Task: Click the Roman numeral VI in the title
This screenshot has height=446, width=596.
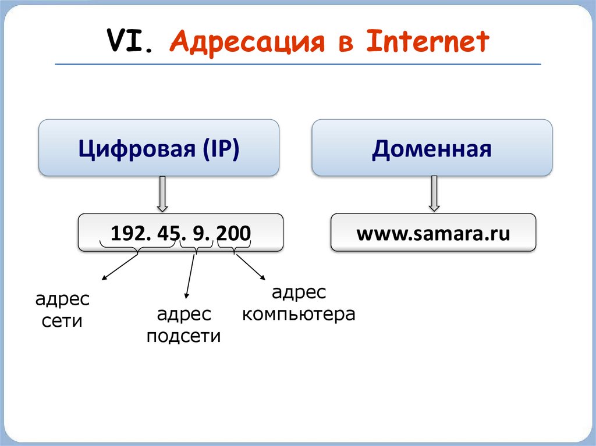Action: [x=130, y=42]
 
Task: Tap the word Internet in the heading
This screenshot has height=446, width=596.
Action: [x=428, y=42]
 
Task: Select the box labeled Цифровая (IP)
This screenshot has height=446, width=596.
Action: [x=159, y=148]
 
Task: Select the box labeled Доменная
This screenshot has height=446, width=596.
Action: [x=432, y=148]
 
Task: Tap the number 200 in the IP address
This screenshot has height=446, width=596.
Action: [x=233, y=233]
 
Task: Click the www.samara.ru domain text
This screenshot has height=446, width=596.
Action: [x=433, y=233]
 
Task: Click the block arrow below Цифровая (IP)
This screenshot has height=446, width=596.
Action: [x=163, y=194]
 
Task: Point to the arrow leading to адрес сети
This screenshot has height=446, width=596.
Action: [x=119, y=267]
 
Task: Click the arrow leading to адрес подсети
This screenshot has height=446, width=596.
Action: [x=190, y=276]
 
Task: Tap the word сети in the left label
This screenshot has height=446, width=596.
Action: [x=62, y=321]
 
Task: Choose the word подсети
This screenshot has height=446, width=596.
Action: [x=183, y=336]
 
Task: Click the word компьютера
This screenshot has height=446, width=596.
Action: [x=299, y=315]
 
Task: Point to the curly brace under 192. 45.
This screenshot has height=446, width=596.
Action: [x=137, y=249]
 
